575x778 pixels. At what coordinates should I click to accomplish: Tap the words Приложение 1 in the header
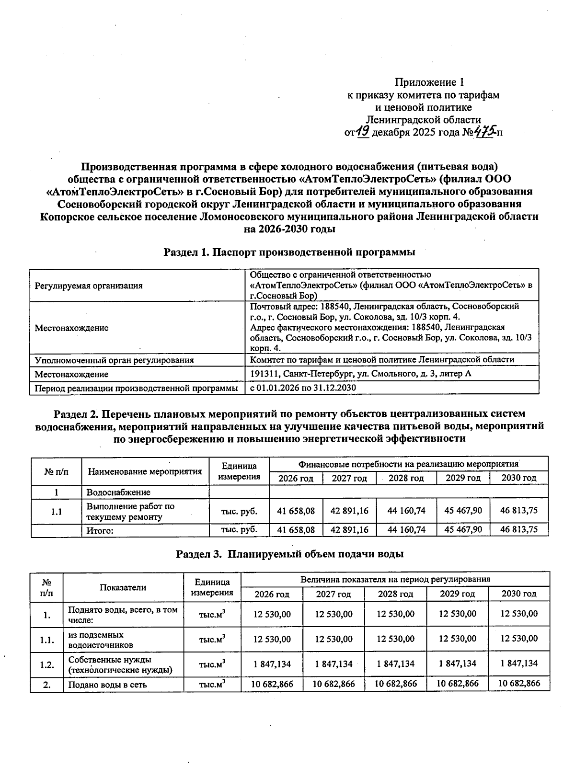click(429, 82)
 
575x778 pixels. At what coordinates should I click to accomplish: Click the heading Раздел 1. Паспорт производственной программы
click(289, 252)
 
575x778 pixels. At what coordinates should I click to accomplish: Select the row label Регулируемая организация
click(89, 286)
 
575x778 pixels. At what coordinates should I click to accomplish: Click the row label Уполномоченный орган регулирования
click(114, 360)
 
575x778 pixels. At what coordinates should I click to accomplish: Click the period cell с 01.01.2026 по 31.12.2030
click(303, 388)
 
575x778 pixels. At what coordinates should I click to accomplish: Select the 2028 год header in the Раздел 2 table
click(406, 478)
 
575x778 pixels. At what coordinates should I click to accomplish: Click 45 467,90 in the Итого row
click(463, 529)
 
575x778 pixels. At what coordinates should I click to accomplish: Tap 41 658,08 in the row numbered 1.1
click(296, 511)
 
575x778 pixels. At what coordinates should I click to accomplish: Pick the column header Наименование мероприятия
click(145, 471)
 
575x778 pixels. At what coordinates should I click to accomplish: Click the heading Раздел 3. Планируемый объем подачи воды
click(289, 554)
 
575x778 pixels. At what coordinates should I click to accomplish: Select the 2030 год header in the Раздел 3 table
click(518, 594)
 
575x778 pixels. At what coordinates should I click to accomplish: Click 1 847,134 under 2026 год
click(272, 664)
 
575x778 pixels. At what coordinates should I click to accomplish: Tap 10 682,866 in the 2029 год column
click(457, 684)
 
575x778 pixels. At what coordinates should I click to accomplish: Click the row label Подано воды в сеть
click(107, 685)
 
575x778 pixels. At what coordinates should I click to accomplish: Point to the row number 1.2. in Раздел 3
click(46, 664)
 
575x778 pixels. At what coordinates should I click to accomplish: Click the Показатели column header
click(123, 587)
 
